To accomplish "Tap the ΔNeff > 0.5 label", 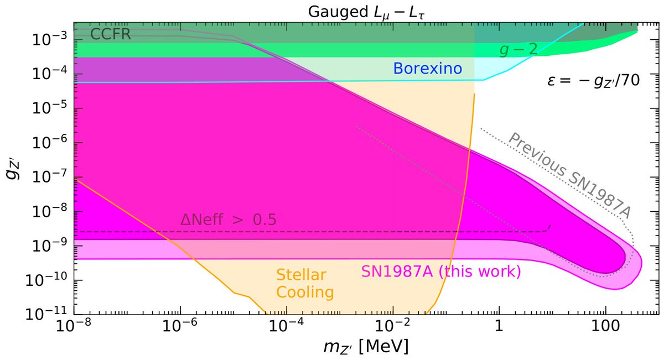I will [229, 220].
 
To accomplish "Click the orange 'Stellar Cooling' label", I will [300, 283].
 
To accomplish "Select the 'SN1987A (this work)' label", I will [441, 272].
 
